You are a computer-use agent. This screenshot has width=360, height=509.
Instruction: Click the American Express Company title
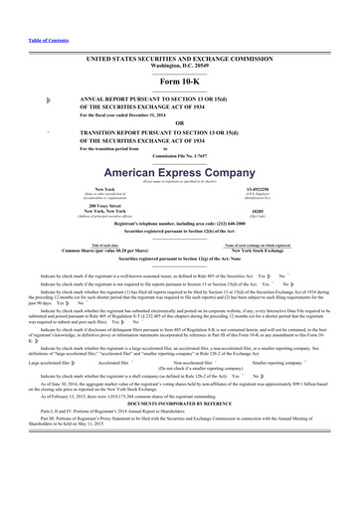[179, 171]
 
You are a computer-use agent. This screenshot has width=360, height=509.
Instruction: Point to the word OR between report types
[179, 122]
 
